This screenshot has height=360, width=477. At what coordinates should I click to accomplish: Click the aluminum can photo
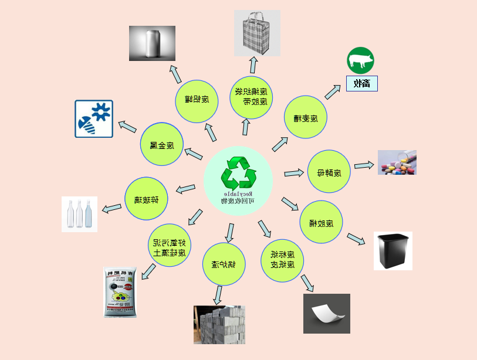click(152, 43)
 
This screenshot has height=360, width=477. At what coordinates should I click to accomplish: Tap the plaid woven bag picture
click(257, 33)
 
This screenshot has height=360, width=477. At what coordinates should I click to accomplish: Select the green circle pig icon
click(360, 60)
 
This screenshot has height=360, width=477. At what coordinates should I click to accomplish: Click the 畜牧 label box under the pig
click(361, 83)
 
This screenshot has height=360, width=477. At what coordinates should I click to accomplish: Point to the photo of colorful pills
click(397, 162)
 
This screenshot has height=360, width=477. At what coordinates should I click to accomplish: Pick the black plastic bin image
click(393, 251)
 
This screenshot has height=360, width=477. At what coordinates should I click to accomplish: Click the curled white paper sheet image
click(326, 314)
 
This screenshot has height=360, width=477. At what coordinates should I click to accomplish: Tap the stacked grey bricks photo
click(219, 324)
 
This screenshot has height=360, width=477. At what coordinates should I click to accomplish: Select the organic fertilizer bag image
click(120, 293)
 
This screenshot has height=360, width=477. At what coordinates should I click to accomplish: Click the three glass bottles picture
click(80, 214)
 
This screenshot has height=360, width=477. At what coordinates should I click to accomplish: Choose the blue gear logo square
click(94, 119)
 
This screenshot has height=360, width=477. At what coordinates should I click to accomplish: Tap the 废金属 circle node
click(162, 144)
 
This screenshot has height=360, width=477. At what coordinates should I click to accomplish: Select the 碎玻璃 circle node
click(147, 199)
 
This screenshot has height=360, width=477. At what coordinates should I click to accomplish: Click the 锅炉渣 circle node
click(224, 264)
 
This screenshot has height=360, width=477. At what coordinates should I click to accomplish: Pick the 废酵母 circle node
click(329, 172)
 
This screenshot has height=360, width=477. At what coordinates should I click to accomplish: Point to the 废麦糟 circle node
click(306, 118)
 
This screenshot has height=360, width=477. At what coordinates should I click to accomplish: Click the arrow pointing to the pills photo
click(364, 165)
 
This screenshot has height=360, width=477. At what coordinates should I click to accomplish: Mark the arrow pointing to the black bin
click(356, 239)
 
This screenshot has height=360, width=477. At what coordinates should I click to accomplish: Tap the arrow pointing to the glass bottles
click(112, 208)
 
